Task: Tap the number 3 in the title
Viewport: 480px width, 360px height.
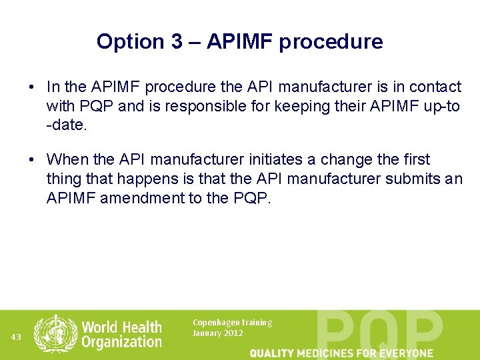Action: click(x=176, y=41)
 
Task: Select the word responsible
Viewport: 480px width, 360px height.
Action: click(x=214, y=107)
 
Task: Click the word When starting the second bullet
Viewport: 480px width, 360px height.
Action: click(x=70, y=160)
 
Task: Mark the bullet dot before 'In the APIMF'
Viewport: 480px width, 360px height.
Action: click(x=31, y=87)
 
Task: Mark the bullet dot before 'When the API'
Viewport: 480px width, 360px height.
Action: click(x=31, y=160)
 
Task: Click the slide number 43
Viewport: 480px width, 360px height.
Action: click(x=17, y=337)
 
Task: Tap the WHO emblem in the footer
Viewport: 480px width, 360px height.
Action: click(x=56, y=333)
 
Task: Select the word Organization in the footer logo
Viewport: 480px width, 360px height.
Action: click(x=121, y=342)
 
